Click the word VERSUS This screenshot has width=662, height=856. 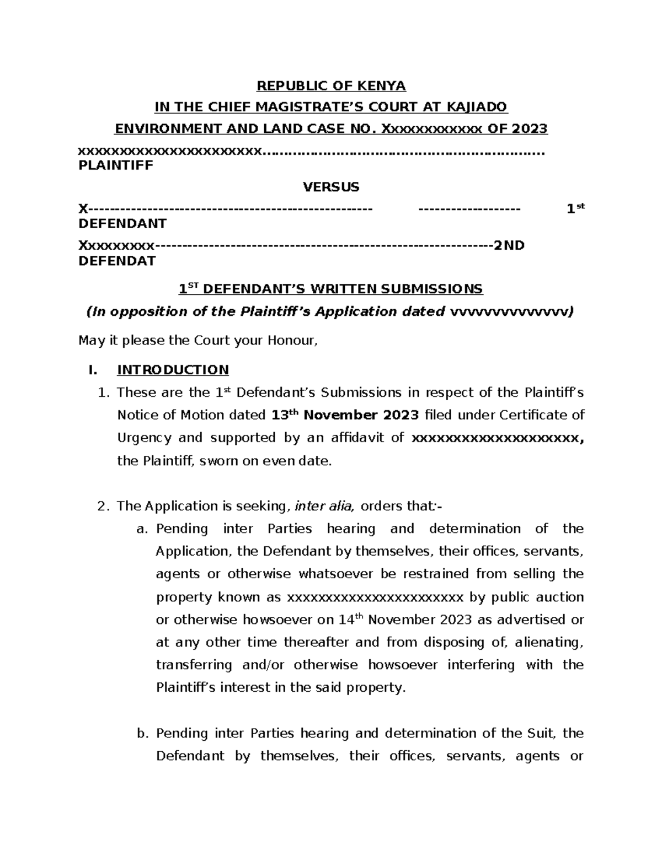point(331,187)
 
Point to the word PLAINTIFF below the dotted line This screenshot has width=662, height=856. point(116,165)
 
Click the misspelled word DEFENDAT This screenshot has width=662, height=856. point(118,261)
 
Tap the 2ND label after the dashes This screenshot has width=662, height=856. point(509,246)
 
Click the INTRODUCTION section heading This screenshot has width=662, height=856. point(173,370)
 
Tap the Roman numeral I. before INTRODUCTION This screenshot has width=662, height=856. point(93,370)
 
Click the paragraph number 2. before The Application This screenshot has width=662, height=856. point(104,506)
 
